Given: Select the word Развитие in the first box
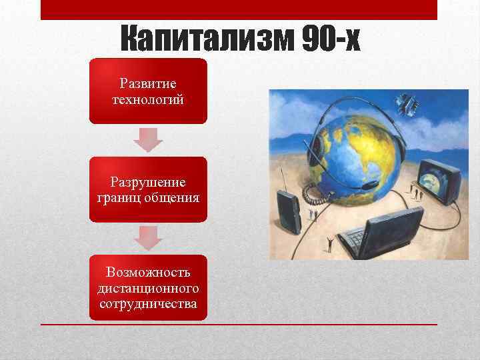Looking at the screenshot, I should coord(148,84).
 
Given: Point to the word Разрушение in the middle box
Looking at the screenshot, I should coord(148,183).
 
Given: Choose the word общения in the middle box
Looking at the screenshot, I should coord(170,197).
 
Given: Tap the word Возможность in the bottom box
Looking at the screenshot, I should coord(148,274).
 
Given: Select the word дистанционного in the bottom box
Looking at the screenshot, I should coord(148,289).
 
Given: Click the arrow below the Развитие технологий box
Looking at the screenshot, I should coord(148,139).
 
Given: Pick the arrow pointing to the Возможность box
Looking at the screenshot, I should coord(148,237).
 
